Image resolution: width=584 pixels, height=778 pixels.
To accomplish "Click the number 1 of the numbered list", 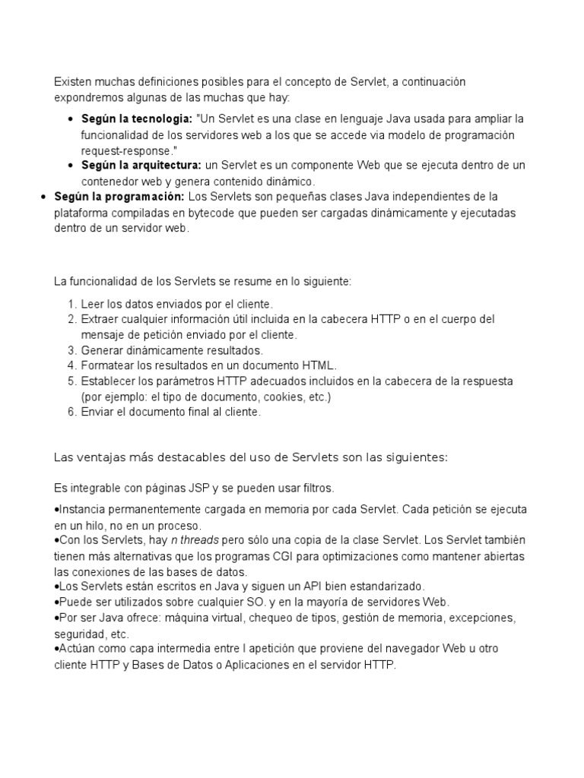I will pos(71,304).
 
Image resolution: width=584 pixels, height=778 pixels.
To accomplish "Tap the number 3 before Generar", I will pos(71,350).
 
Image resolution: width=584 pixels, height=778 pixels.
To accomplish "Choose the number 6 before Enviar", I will pos(71,412).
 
